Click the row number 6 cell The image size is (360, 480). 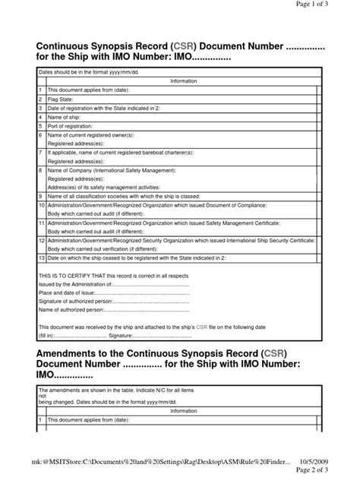click(x=42, y=134)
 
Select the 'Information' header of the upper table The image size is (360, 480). click(x=183, y=81)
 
